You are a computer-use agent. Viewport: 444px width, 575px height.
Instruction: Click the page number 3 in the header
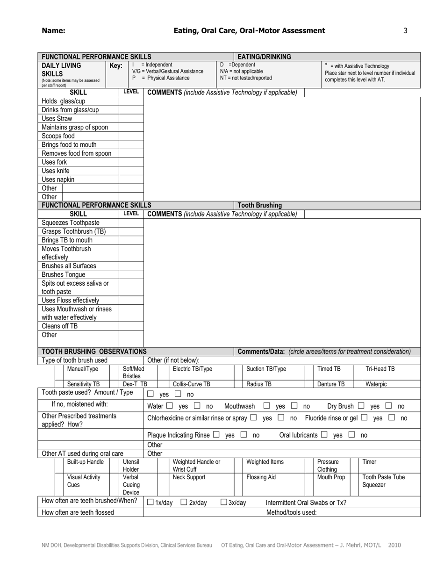[405, 31]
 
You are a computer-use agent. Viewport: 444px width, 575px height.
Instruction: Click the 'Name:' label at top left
[53, 31]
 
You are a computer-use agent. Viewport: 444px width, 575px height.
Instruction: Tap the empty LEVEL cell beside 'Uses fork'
[131, 162]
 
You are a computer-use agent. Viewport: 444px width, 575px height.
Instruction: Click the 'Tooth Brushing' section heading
[260, 205]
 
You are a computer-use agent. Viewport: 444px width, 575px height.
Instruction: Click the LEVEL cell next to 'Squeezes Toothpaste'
[131, 223]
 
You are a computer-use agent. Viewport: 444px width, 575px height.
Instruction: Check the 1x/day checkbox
[150, 503]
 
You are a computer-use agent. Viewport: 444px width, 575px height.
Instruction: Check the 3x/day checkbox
[223, 503]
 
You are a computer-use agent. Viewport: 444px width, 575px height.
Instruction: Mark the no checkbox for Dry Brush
[389, 406]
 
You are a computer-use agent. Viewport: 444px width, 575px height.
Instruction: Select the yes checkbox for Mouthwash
[267, 406]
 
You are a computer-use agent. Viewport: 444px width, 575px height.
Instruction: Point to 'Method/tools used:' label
[291, 512]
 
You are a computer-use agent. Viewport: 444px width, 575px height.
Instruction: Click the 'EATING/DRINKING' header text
[265, 57]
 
